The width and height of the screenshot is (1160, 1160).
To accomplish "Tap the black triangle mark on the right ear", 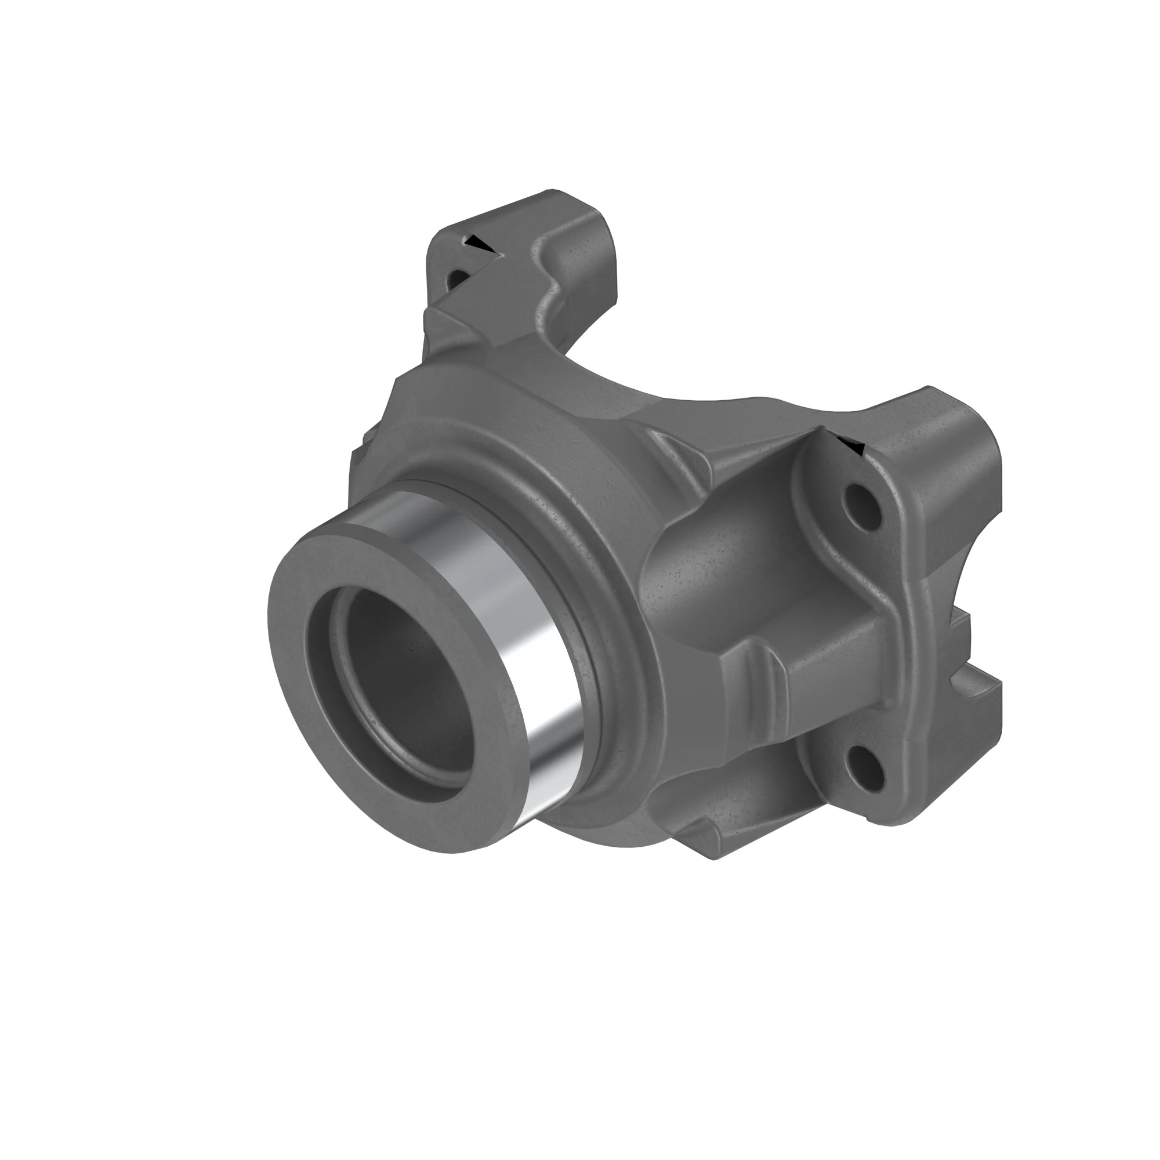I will (x=853, y=447).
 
